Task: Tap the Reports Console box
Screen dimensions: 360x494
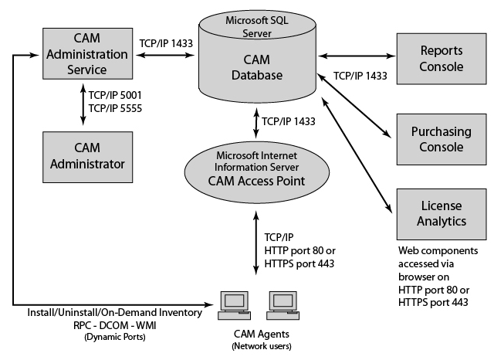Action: (441, 58)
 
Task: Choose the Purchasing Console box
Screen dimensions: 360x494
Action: (441, 138)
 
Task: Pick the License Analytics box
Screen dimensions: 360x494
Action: (441, 213)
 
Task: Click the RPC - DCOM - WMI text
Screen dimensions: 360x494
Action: (113, 325)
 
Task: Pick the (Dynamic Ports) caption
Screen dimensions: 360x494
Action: (113, 337)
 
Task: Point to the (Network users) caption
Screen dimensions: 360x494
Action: (256, 346)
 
